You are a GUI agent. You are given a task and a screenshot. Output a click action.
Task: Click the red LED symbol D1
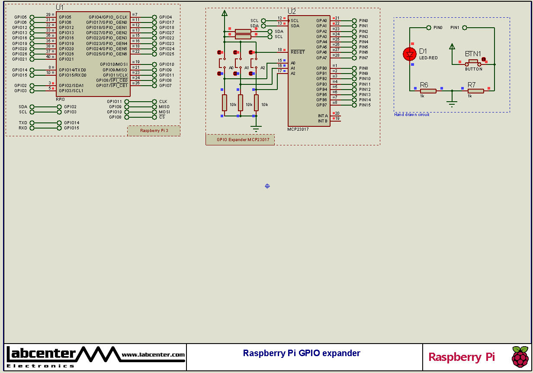[x=409, y=54]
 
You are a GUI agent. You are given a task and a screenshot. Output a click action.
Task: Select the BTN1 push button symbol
[x=473, y=62]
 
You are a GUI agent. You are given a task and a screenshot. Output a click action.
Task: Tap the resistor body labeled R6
[x=428, y=91]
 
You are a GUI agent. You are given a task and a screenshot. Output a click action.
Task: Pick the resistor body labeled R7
[x=475, y=91]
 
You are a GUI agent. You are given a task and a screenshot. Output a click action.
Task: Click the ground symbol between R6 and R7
[x=452, y=103]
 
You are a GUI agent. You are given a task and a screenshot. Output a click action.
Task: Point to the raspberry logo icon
[x=520, y=357]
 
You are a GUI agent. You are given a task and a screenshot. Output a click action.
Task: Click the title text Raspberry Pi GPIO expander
[x=302, y=353]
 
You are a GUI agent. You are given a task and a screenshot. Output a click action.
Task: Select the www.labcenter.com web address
[x=153, y=355]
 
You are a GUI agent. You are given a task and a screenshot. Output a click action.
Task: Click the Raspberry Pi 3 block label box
[x=154, y=131]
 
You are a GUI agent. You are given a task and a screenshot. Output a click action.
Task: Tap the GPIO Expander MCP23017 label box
[x=240, y=139]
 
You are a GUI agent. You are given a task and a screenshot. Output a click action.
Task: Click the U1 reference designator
[x=60, y=8]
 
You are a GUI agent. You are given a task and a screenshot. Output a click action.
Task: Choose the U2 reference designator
[x=292, y=11]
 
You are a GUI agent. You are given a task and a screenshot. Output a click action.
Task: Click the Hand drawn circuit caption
[x=411, y=115]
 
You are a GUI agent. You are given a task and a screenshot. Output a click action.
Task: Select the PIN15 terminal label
[x=365, y=105]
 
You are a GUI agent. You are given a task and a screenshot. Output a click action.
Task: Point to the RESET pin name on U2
[x=297, y=52]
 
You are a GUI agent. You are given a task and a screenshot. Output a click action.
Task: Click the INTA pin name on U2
[x=323, y=116]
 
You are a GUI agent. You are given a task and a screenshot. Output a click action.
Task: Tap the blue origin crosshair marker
[x=267, y=186]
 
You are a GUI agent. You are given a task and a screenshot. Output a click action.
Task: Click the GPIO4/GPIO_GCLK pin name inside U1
[x=108, y=17]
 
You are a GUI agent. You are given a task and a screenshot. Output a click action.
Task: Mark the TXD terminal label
[x=23, y=123]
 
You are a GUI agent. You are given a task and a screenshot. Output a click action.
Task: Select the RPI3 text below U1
[x=60, y=100]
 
